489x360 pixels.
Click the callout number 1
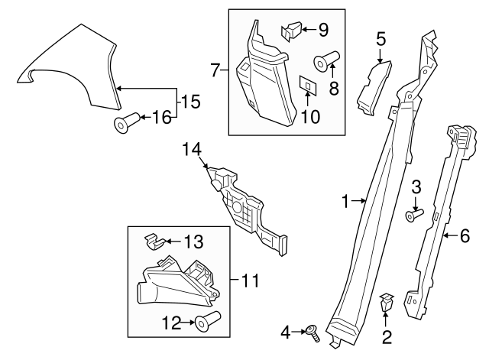pyautogui.click(x=345, y=202)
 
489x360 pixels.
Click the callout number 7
pyautogui.click(x=216, y=71)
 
